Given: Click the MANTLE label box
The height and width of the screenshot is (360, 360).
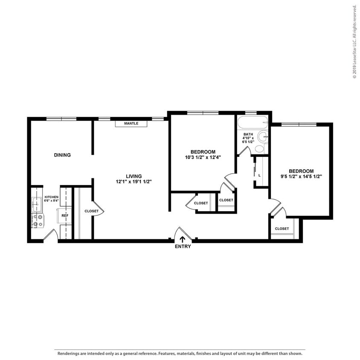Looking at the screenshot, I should tap(131, 124).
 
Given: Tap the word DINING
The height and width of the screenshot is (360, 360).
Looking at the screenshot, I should tap(62, 155).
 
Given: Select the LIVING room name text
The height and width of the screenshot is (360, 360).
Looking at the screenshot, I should tap(134, 176).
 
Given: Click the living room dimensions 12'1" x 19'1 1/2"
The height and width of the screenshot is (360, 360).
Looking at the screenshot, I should tap(134, 182).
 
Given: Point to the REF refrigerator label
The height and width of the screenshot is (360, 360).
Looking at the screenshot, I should tap(64, 216).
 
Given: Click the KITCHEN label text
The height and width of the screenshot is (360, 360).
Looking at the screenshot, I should tap(51, 197).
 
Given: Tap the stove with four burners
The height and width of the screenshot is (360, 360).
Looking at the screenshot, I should tap(38, 221).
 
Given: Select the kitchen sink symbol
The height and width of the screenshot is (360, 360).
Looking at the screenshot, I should tap(37, 204).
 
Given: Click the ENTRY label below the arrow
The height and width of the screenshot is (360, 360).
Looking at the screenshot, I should tap(183, 247).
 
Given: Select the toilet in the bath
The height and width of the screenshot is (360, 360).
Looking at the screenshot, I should tap(259, 149).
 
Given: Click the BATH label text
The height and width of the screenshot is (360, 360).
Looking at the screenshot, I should tap(248, 134).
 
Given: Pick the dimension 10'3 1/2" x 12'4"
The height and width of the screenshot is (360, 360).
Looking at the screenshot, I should tap(203, 157).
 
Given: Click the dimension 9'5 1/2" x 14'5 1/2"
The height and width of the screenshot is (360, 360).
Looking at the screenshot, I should tap(301, 176).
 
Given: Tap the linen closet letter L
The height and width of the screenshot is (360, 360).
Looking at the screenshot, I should tap(259, 175).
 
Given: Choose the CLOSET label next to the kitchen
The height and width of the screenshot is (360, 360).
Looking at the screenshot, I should tap(91, 211).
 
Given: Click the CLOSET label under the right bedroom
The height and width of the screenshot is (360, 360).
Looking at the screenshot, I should tap(282, 229).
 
